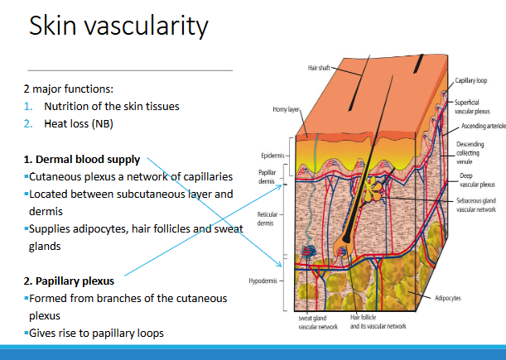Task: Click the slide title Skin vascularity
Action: pos(118,26)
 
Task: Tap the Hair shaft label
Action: pos(319,68)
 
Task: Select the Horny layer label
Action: pos(286,109)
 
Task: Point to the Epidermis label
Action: pos(272,156)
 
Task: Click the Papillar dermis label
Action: pos(267,177)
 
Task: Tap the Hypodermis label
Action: pos(263,281)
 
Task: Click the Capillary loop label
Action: pos(471,80)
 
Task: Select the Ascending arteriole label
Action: pos(484,126)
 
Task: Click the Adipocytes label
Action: pos(448,298)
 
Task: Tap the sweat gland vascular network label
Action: pos(318,323)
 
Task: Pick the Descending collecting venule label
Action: pos(470,153)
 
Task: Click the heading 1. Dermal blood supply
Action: pos(82,160)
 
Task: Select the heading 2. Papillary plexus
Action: pos(69,281)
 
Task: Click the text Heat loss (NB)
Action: pos(79,124)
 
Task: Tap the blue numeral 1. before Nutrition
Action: pos(28,107)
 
